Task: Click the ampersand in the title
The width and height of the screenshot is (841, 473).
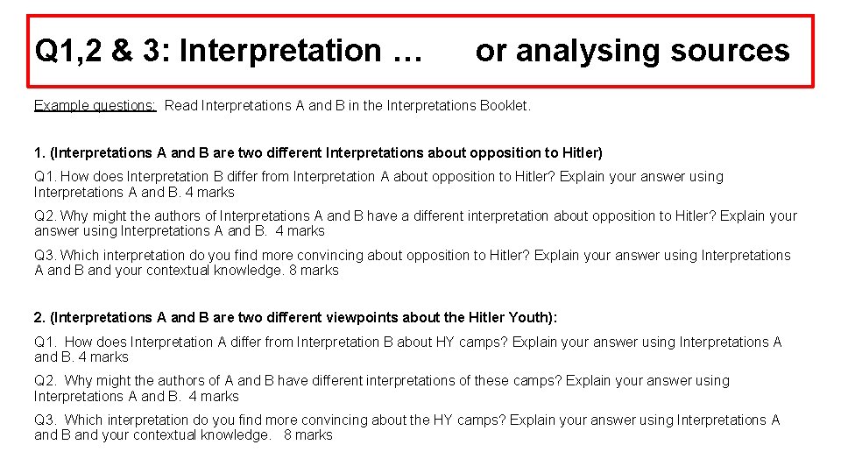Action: (x=122, y=52)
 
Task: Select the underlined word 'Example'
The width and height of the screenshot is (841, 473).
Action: (x=61, y=106)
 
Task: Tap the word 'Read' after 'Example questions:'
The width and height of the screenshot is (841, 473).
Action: (x=181, y=106)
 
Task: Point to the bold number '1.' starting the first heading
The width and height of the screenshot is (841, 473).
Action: (x=39, y=153)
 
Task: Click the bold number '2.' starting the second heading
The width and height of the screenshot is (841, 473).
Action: (x=39, y=317)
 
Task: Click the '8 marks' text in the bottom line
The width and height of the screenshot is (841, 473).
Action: (x=307, y=435)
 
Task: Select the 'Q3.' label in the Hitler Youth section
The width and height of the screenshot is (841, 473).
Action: (x=46, y=420)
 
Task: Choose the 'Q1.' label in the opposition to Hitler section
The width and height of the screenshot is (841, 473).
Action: (x=46, y=177)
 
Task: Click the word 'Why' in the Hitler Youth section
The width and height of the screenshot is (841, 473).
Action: (x=78, y=381)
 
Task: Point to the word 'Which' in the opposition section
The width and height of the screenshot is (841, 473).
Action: (x=79, y=256)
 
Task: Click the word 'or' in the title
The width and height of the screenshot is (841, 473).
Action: (x=491, y=52)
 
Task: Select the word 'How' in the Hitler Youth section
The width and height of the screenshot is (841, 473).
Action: (x=80, y=342)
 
